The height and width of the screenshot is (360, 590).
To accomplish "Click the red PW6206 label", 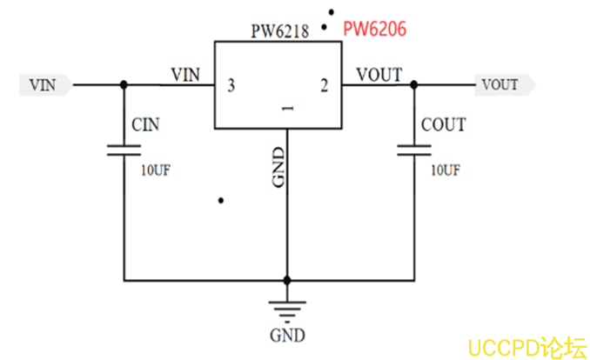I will [x=375, y=29].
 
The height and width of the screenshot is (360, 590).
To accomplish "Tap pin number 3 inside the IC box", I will [x=231, y=85].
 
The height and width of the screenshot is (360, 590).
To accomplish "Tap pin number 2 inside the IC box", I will [x=324, y=85].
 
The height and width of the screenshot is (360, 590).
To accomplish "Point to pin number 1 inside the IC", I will [x=285, y=109].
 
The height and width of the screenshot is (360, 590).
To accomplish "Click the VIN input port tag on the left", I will [x=44, y=84].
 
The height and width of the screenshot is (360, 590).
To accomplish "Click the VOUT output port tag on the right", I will [x=502, y=84].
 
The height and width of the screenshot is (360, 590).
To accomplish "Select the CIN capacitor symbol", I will [x=124, y=150].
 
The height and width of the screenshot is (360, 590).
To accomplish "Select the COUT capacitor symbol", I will [x=412, y=150].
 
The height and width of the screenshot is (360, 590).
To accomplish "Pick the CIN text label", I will [x=146, y=125].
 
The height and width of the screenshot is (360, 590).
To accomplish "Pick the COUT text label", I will [x=443, y=125].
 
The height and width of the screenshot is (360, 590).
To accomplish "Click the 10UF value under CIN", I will [x=156, y=170].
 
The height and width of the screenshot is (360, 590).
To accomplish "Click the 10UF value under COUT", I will [x=445, y=170].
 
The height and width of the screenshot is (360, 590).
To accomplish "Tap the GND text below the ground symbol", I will [x=286, y=335].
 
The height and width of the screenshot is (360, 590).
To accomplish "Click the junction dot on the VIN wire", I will [x=124, y=84].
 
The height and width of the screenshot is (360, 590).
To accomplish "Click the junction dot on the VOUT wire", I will [x=412, y=84].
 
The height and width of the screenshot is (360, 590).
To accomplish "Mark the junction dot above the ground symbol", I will [x=286, y=280].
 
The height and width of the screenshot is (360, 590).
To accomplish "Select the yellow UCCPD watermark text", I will [x=526, y=347].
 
